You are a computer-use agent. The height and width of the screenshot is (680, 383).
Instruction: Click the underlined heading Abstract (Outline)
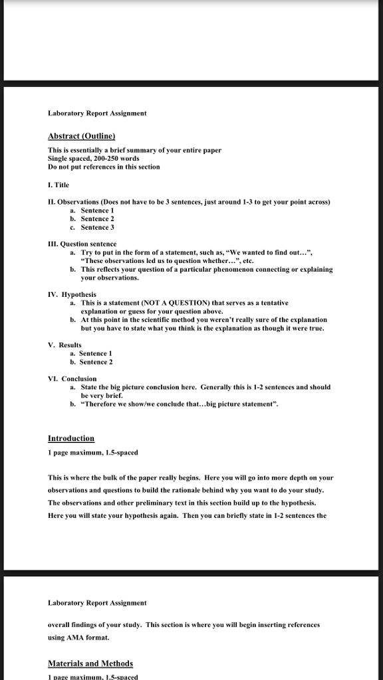(x=81, y=136)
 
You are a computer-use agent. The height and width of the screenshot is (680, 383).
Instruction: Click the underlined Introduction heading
(x=71, y=438)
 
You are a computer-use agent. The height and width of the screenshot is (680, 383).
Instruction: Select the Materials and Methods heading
(x=90, y=663)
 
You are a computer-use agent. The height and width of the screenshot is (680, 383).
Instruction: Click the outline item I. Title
(x=59, y=185)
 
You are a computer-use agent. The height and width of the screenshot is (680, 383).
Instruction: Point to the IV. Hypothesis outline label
(x=72, y=294)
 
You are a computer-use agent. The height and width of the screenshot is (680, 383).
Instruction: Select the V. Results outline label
(x=64, y=345)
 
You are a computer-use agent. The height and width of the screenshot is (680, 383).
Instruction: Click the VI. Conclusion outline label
(x=72, y=379)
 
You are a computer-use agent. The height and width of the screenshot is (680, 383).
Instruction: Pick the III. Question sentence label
(x=82, y=244)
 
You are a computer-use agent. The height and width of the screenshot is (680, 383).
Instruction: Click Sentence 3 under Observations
(x=98, y=227)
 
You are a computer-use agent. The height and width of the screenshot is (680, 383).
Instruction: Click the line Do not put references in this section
(x=104, y=167)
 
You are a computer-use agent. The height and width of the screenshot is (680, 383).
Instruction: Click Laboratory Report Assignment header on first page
(x=97, y=114)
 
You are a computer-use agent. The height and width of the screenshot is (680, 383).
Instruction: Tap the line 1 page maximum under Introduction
(x=93, y=453)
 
